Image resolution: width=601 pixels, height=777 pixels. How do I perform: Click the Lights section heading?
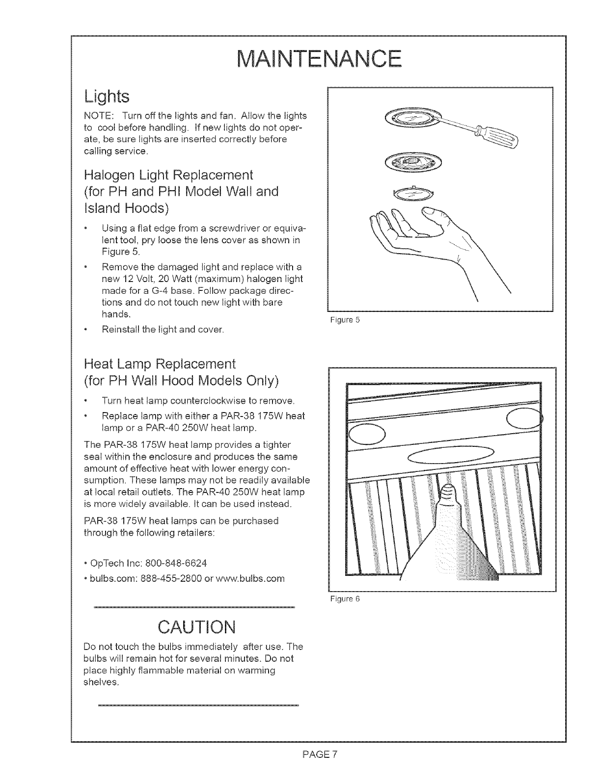coord(107,96)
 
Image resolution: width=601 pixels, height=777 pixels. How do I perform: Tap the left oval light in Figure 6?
coord(367,435)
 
